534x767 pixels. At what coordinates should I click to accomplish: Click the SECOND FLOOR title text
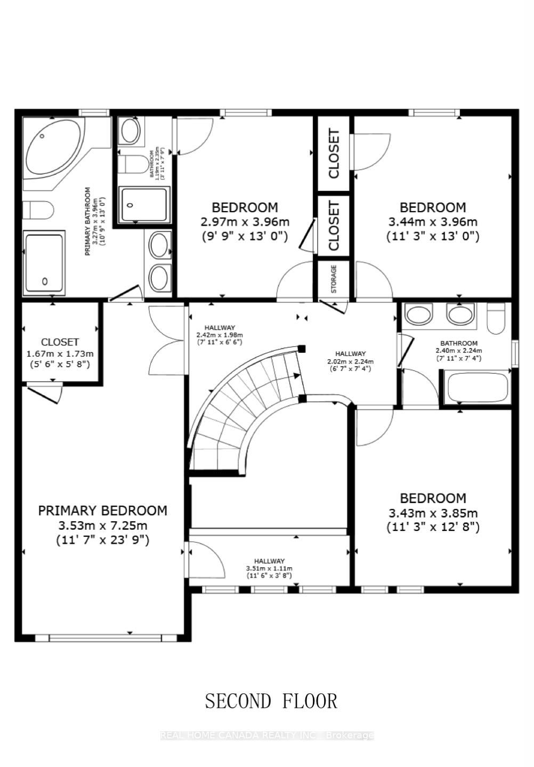tap(271, 701)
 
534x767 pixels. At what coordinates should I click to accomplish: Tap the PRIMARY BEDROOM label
tap(102, 511)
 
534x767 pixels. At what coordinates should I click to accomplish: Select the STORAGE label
tap(334, 279)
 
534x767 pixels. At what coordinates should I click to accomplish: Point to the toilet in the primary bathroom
tap(38, 210)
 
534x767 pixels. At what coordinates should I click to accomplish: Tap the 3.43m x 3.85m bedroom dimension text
tap(433, 513)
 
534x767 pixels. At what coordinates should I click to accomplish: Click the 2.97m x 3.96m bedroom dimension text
tap(245, 222)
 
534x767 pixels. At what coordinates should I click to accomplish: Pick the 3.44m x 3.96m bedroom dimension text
tap(433, 222)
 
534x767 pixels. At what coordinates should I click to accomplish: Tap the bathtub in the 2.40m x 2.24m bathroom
tap(478, 387)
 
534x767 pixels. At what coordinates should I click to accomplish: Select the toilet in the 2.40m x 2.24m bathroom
tap(496, 318)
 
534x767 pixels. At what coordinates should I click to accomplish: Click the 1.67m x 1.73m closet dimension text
tap(60, 353)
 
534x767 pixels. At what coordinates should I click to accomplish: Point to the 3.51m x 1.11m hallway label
tap(269, 568)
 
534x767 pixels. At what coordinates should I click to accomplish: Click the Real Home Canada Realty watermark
tap(267, 736)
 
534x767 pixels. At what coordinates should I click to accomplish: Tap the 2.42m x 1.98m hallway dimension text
tap(219, 335)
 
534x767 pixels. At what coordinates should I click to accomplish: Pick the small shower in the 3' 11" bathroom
tap(144, 205)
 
